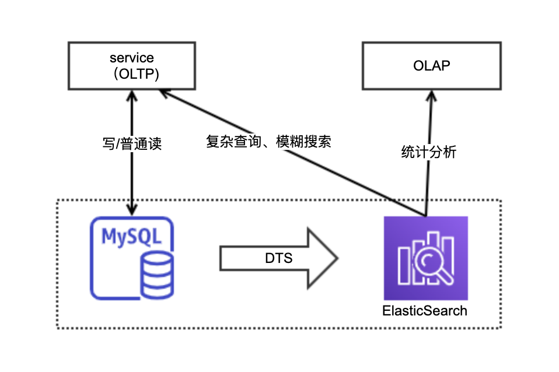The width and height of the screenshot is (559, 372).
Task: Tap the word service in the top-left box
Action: [x=132, y=58]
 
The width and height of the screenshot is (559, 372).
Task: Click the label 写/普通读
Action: [x=132, y=144]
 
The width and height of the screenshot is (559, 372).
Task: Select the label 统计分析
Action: [x=429, y=152]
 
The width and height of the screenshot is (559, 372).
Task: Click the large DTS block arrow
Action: [x=278, y=258]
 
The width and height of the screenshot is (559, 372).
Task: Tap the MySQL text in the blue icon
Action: [x=130, y=236]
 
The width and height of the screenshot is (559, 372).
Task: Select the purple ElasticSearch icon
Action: [x=425, y=258]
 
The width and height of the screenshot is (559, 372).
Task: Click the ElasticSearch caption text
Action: [x=425, y=310]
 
